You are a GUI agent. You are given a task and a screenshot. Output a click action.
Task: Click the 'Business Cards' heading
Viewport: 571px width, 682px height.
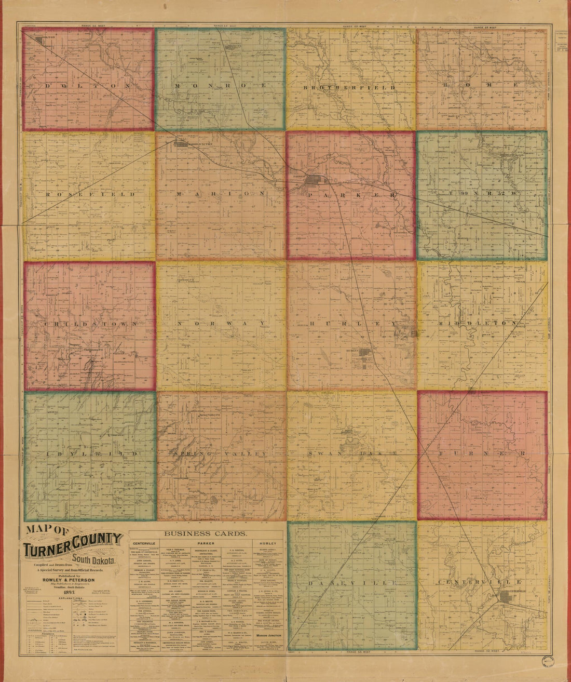click(206, 533)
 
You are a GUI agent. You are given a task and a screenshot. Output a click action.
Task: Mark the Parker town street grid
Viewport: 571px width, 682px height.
click(315, 181)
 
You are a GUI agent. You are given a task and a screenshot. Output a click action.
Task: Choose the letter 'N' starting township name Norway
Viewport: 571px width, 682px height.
click(179, 323)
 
